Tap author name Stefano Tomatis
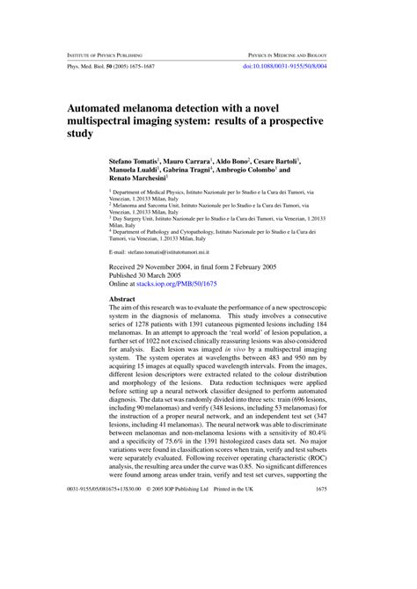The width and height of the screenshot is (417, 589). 133,163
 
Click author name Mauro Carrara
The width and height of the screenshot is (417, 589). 189,163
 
